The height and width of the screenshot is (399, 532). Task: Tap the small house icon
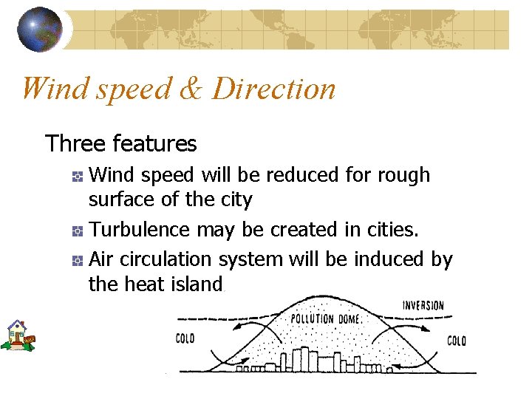pos(17,335)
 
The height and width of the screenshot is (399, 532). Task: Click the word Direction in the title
pos(273,89)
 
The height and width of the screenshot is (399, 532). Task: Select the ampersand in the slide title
pos(191,89)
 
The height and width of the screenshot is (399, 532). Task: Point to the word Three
pos(72,143)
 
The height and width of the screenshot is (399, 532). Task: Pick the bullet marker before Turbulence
pos(77,231)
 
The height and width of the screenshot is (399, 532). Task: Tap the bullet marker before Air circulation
pos(77,260)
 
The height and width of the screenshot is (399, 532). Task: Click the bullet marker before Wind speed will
pos(77,177)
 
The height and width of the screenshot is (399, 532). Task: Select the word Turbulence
pos(139,230)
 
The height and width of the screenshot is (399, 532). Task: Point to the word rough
pos(403,176)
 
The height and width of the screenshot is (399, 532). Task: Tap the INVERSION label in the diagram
pos(423,305)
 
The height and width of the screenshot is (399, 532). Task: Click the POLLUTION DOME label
pos(325,318)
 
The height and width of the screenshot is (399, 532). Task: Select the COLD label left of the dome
pos(185,339)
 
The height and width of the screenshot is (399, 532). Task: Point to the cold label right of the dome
pos(457,341)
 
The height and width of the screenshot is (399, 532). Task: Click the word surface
pos(121,200)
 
